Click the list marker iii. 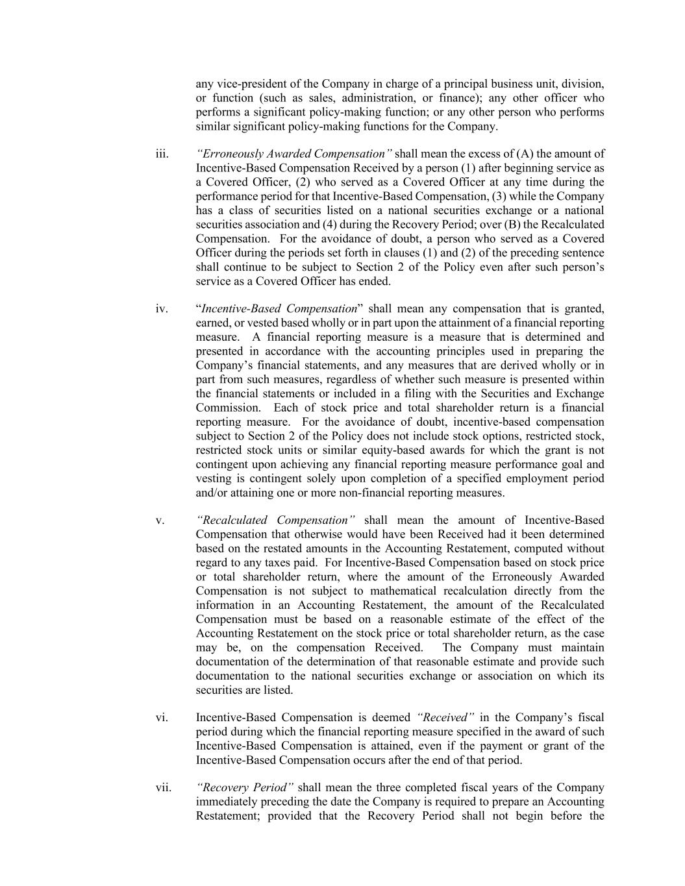coord(162,154)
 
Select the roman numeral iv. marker coord(162,309)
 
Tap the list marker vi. coord(162,718)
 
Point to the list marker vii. coord(164,788)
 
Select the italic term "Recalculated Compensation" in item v coord(276,521)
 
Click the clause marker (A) coord(525,154)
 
